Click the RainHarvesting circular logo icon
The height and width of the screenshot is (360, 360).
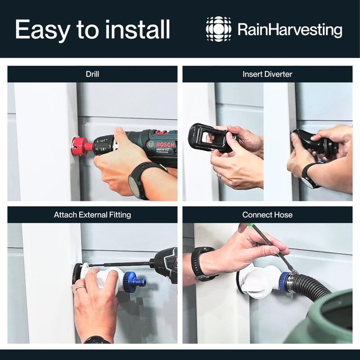(219, 29)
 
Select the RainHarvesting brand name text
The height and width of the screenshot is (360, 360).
(289, 30)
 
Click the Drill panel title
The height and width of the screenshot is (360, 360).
(92, 74)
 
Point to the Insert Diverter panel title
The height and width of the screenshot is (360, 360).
(267, 74)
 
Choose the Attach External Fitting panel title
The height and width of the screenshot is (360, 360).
(92, 215)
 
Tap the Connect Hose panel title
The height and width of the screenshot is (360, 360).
(267, 215)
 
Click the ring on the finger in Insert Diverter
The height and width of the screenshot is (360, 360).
(220, 177)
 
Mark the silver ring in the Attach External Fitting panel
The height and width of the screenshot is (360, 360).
(80, 288)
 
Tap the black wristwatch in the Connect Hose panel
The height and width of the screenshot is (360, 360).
(198, 262)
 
